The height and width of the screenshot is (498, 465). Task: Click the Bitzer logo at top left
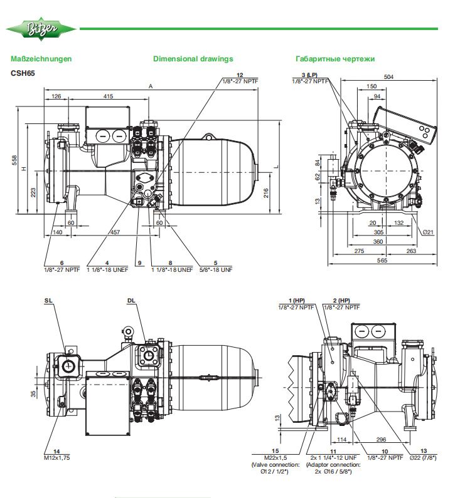41,29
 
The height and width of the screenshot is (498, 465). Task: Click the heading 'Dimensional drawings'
193,59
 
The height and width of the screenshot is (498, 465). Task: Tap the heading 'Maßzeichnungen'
41,59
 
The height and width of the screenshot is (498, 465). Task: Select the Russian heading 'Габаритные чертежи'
335,59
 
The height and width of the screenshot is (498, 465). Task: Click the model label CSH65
23,72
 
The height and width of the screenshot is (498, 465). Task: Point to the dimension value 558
14,160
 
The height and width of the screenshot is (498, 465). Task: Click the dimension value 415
108,96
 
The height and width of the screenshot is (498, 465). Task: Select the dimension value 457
115,232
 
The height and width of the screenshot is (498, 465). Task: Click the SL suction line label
48,301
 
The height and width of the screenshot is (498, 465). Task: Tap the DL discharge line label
131,301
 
